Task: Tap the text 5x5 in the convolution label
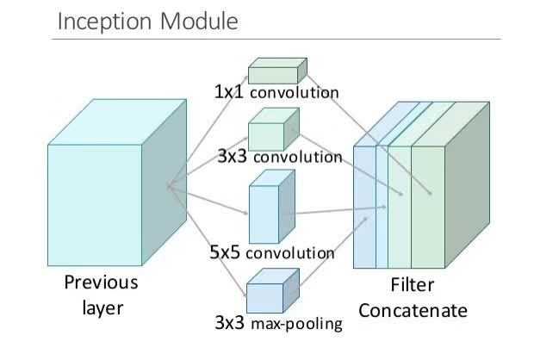pyautogui.click(x=226, y=253)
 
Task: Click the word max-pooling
pyautogui.click(x=297, y=325)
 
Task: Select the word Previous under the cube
pyautogui.click(x=100, y=283)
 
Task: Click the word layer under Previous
pyautogui.click(x=100, y=308)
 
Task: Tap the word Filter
pyautogui.click(x=413, y=285)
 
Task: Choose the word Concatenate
pyautogui.click(x=413, y=310)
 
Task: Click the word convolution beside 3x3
pyautogui.click(x=297, y=158)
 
